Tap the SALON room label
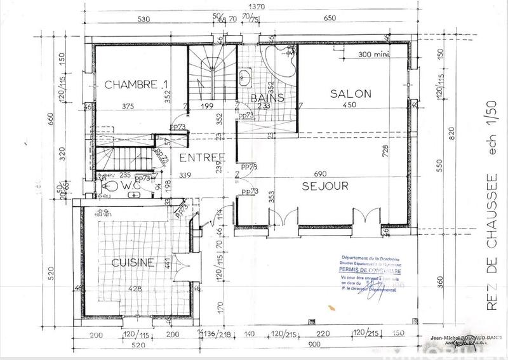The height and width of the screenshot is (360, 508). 350,94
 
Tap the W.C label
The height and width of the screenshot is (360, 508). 133,185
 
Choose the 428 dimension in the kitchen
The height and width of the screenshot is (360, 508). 135,290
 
